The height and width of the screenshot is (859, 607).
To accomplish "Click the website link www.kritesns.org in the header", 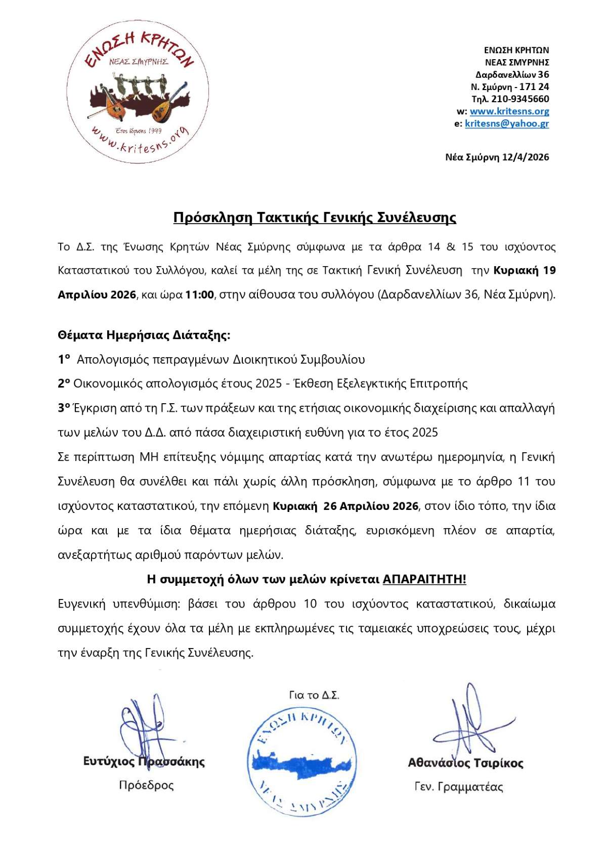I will click(x=509, y=111).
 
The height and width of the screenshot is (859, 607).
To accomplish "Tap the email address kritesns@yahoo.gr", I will click(x=506, y=123).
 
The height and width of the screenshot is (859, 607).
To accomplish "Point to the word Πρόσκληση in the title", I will click(x=212, y=218).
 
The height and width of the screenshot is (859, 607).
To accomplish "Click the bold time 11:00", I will click(x=200, y=295).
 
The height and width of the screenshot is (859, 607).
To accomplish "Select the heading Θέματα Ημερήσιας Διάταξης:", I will click(x=144, y=335).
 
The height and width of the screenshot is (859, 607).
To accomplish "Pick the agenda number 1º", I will click(x=64, y=360).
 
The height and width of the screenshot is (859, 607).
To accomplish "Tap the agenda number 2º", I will click(x=64, y=383).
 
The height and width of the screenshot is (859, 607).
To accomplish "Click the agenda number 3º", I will click(x=64, y=408).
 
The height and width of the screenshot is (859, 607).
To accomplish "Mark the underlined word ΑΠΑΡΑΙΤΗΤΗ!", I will click(x=424, y=579).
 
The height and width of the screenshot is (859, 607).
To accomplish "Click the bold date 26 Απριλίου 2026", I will click(x=371, y=506).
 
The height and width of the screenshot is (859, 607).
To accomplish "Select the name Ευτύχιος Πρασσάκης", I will click(x=144, y=761).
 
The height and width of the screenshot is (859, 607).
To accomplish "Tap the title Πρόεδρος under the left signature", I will click(x=146, y=785).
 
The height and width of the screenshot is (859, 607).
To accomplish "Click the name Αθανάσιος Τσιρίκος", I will click(x=465, y=763).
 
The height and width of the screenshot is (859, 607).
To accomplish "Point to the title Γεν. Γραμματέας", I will click(x=458, y=787).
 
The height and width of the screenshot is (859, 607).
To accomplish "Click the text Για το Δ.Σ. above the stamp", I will click(x=314, y=696).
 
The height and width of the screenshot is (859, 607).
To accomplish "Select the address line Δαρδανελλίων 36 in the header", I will click(x=512, y=75).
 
